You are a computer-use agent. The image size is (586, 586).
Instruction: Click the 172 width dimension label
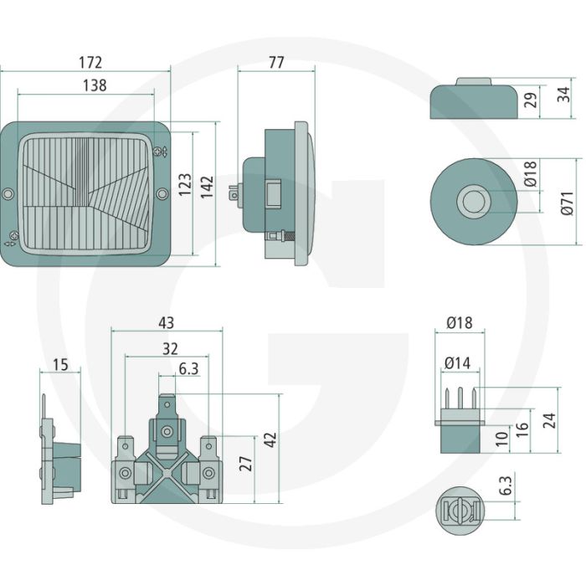[x=90, y=63]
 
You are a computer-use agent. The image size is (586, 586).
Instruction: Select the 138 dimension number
[x=95, y=85]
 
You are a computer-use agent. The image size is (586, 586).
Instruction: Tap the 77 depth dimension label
[x=276, y=62]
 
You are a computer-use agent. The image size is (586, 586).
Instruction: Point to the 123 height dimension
[x=185, y=184]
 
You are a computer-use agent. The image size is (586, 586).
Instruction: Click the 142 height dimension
[x=207, y=187]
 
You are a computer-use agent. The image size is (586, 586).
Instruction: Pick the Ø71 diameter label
[x=568, y=203]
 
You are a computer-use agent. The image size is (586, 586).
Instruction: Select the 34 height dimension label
[x=563, y=94]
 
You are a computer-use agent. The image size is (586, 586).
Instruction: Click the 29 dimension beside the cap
[x=530, y=100]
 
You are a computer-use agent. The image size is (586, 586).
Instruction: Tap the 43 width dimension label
[x=167, y=322]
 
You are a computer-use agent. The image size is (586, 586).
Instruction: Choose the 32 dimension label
[x=170, y=349]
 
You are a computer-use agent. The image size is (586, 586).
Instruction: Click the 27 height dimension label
[x=246, y=464]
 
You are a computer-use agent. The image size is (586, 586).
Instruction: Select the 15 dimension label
[x=60, y=364]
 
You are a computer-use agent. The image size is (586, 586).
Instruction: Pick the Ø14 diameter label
[x=457, y=362]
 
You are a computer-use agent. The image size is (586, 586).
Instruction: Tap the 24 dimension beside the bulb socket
[x=549, y=420]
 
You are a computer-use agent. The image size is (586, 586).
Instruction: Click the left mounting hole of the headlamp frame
[x=7, y=193]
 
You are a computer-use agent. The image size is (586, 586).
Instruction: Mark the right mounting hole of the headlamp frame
[x=162, y=193]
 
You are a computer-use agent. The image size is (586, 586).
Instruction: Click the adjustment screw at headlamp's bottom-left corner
[x=14, y=236]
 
